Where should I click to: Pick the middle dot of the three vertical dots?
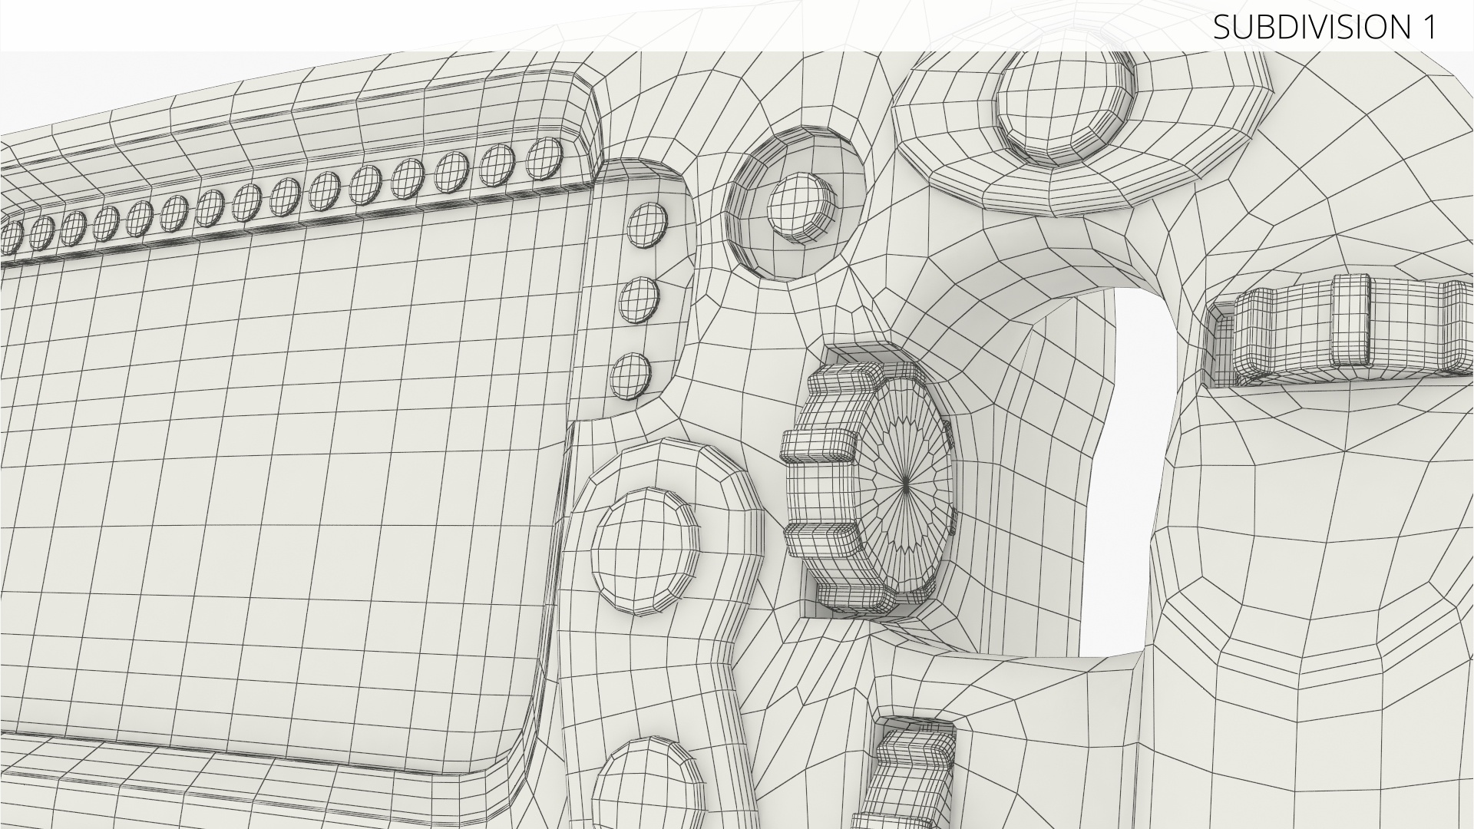[x=640, y=300]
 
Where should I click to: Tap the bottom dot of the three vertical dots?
[x=631, y=376]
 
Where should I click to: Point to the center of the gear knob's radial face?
[x=907, y=481]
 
